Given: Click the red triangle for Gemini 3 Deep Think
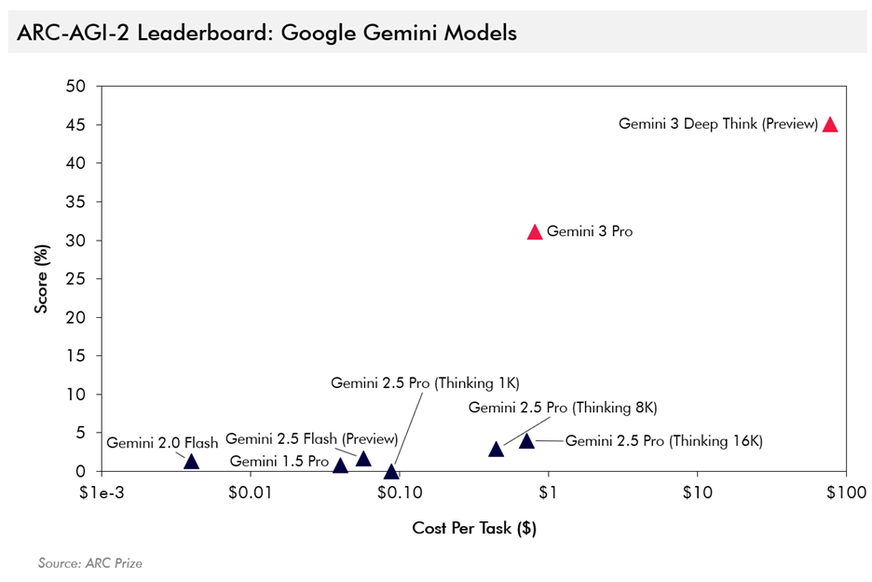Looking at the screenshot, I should click(x=830, y=125).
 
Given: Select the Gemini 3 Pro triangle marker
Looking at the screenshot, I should click(x=535, y=232).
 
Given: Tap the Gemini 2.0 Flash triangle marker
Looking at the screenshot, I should click(x=192, y=462).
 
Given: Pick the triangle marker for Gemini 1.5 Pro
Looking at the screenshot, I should click(x=341, y=465).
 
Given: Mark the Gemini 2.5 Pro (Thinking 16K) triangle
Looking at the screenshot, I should click(x=526, y=441).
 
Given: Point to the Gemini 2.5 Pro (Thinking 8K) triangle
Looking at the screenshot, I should click(x=497, y=450).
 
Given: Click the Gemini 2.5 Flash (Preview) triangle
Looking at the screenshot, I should click(x=363, y=459).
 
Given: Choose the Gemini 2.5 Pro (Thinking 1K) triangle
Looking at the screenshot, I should click(x=391, y=472).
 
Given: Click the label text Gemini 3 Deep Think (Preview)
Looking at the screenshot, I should click(x=717, y=124).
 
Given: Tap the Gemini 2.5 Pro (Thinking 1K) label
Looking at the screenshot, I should click(x=424, y=382).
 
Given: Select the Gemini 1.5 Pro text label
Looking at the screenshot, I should click(x=279, y=461).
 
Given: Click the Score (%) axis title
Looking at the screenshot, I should click(x=42, y=279).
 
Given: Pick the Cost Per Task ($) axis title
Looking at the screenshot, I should click(x=474, y=529).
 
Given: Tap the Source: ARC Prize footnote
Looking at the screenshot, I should click(x=89, y=563).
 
